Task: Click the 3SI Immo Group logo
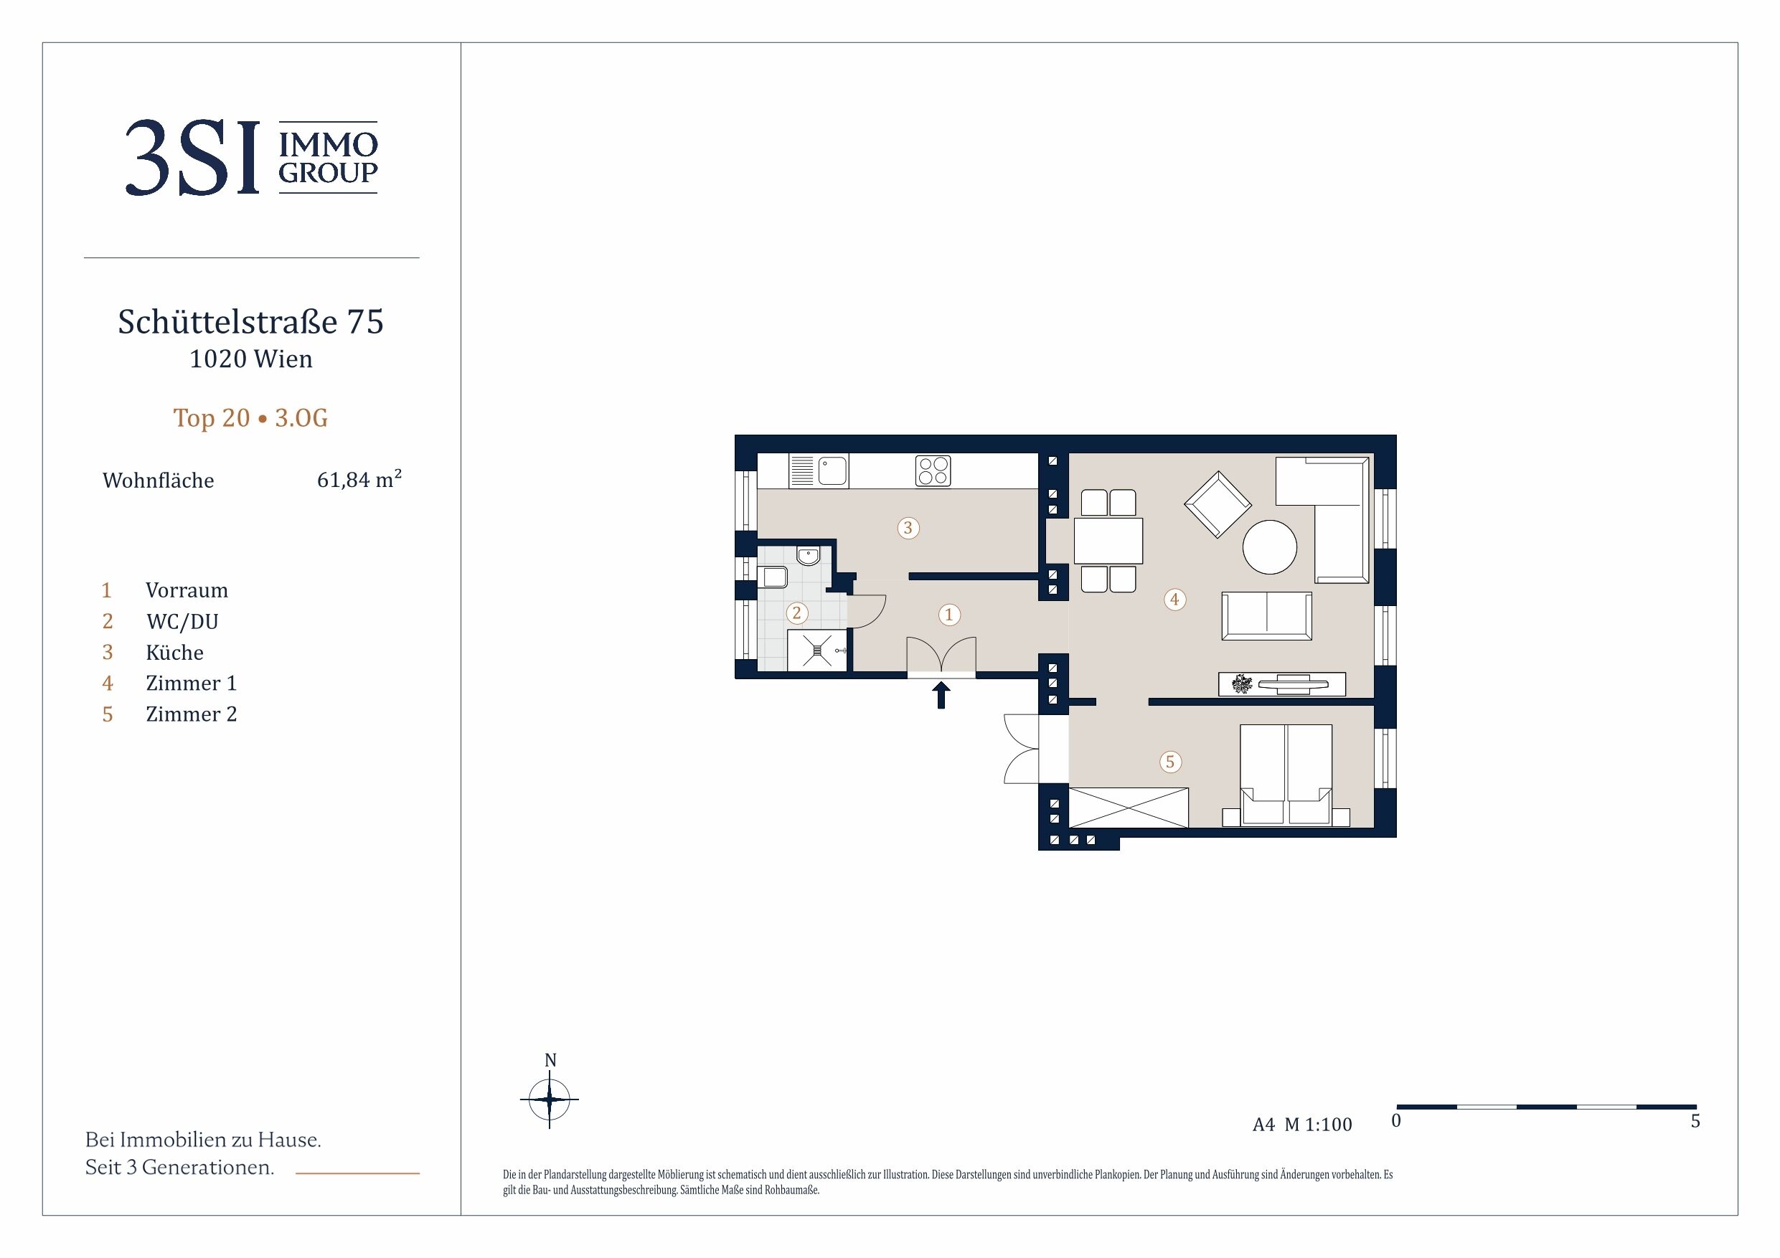[251, 157]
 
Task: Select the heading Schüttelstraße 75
[250, 321]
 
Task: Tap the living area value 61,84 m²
[359, 479]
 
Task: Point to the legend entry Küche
[174, 653]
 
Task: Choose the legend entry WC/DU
[182, 622]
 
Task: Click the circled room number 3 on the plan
[908, 529]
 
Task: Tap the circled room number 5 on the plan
[1171, 762]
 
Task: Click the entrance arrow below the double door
[941, 695]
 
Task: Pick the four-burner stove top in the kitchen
[933, 470]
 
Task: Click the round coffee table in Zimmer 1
[1269, 547]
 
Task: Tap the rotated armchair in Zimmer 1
[1218, 505]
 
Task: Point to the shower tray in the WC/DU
[817, 651]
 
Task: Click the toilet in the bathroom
[773, 577]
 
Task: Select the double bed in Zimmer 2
[1286, 775]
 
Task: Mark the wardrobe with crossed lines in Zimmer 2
[1129, 808]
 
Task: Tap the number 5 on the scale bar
[1695, 1121]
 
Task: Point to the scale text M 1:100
[1318, 1125]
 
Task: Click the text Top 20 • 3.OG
[250, 418]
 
